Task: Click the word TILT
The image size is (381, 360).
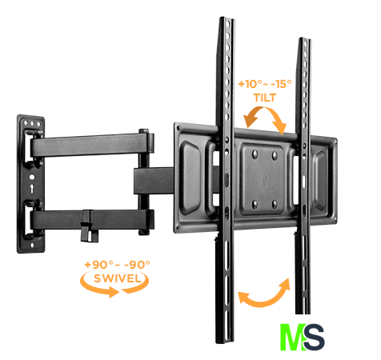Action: [x=264, y=98]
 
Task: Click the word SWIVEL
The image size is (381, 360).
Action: [x=118, y=278]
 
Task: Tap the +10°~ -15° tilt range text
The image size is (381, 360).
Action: [x=265, y=84]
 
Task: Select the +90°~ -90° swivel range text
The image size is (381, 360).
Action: [x=117, y=265]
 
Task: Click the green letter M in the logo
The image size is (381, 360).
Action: [x=293, y=337]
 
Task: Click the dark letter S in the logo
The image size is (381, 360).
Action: [x=315, y=337]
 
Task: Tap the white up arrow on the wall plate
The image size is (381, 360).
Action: [x=32, y=188]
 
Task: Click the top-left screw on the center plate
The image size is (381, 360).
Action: [x=255, y=154]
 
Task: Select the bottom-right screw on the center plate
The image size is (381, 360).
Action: [x=275, y=205]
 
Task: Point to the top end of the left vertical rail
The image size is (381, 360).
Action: [x=227, y=18]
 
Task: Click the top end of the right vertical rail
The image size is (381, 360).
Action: [x=305, y=39]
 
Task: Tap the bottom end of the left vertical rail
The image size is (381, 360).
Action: [x=225, y=342]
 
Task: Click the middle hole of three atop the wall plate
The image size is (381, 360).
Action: [x=32, y=123]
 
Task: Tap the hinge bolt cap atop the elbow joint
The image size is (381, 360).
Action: [x=143, y=131]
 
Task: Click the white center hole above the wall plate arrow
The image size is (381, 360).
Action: [x=32, y=177]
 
